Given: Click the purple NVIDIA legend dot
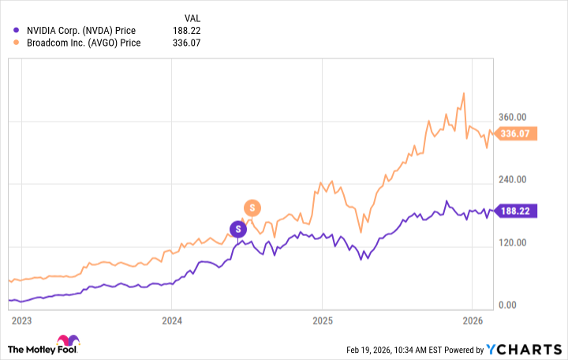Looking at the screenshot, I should tap(17, 30).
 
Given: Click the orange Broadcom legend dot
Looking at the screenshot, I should tap(17, 43).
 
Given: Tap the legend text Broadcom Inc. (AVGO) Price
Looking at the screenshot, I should tap(84, 43).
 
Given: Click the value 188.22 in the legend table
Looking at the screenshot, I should tap(183, 30).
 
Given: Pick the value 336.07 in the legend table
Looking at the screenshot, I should tap(183, 43).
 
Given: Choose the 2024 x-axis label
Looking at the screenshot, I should tap(172, 321).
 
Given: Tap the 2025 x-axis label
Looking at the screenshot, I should tap(322, 321).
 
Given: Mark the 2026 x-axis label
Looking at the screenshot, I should tap(472, 321).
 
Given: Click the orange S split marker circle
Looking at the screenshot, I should tap(252, 208).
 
